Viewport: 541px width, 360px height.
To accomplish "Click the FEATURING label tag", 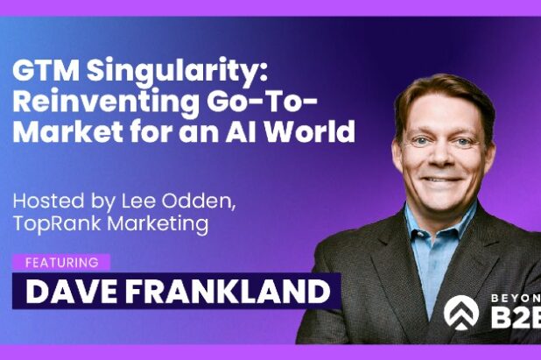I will coord(60,261).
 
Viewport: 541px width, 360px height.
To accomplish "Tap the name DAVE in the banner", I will coord(65,291).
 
